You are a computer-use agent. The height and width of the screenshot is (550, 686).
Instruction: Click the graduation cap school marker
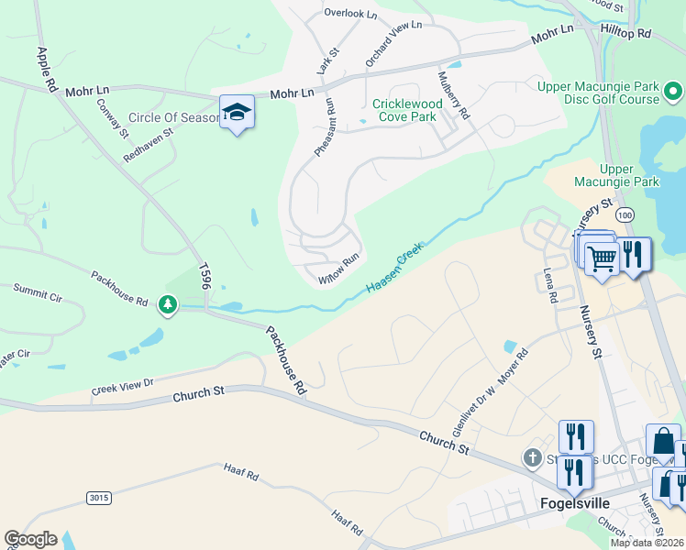coord(237,113)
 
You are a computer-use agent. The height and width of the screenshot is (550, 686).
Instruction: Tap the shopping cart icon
coord(602,258)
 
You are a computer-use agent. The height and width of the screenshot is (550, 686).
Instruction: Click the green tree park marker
coord(167,303)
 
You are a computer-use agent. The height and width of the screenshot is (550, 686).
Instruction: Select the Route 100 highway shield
coord(625,214)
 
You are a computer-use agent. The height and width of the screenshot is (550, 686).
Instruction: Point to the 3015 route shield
coord(99,498)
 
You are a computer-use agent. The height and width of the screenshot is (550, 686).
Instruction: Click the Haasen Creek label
coord(395,269)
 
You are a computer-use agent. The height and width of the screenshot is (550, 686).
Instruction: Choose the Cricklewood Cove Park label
coord(407,110)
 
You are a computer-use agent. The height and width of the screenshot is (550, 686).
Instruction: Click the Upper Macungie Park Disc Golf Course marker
coord(672,91)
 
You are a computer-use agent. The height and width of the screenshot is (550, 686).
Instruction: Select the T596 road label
coord(205,277)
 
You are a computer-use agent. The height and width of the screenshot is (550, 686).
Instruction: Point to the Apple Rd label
coord(43,69)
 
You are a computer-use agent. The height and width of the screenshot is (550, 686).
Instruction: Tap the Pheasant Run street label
coord(326,127)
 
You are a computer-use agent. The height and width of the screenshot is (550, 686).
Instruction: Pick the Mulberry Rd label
coord(454,96)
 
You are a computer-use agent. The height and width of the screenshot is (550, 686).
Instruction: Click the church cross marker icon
coord(532,456)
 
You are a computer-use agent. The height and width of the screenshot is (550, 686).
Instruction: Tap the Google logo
coord(31,539)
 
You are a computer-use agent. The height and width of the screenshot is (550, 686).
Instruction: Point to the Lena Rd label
coord(550,285)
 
